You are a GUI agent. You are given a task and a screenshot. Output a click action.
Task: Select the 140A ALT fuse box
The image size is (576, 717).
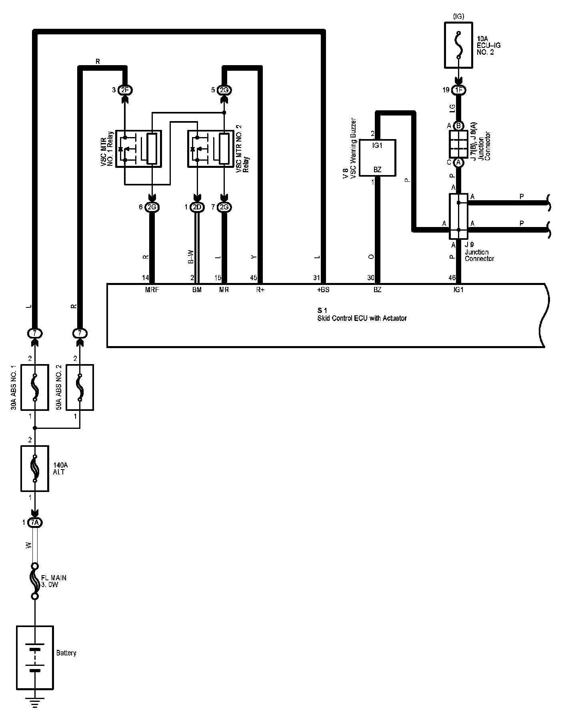(35, 468)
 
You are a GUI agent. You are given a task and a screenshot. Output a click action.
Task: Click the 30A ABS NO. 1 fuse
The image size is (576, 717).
(34, 387)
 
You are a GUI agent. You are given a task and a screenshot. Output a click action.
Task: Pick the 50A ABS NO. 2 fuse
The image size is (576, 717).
(80, 387)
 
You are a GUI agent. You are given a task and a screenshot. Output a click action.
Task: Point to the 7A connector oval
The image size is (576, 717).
(35, 522)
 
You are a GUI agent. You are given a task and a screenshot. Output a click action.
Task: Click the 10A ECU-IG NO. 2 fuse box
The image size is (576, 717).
(458, 45)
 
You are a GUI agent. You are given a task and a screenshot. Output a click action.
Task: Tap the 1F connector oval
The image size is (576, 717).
(458, 90)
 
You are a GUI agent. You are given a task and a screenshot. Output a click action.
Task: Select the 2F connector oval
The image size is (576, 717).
(125, 90)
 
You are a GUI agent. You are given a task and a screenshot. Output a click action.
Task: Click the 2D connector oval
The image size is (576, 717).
(196, 207)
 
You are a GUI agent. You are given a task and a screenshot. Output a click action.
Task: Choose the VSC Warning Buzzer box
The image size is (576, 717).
(377, 157)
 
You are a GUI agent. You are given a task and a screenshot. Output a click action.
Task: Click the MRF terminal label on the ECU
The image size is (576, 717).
(152, 290)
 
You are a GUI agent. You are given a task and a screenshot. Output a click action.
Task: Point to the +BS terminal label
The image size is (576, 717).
(323, 290)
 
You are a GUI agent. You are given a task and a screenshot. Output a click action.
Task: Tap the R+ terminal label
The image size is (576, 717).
(260, 290)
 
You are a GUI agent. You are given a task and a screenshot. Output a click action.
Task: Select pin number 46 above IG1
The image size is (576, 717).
(452, 278)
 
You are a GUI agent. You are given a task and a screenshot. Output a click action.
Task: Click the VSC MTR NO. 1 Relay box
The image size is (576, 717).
(138, 149)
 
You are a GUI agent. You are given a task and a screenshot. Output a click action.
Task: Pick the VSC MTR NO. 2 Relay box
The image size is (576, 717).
(210, 149)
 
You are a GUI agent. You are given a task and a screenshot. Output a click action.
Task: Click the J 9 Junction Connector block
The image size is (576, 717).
(458, 216)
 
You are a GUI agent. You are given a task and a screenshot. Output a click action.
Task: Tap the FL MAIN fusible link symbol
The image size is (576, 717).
(35, 581)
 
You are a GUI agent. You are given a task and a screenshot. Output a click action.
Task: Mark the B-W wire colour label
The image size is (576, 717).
(190, 257)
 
